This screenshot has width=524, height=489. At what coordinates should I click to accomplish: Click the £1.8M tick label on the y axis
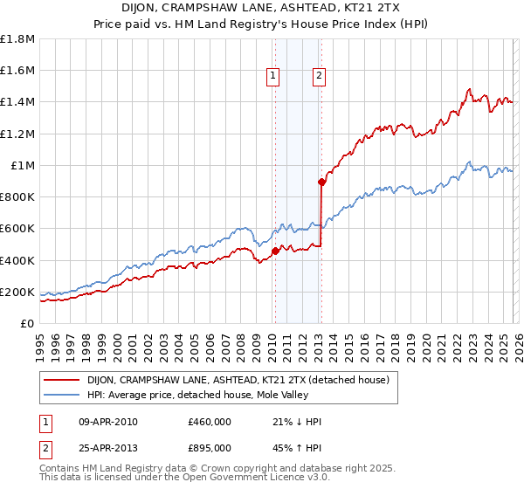17,39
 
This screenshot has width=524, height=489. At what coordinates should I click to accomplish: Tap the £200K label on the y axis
17,293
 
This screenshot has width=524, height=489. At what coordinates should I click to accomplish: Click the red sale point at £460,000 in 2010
275,251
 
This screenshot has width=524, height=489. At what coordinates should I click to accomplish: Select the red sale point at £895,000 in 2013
321,182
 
